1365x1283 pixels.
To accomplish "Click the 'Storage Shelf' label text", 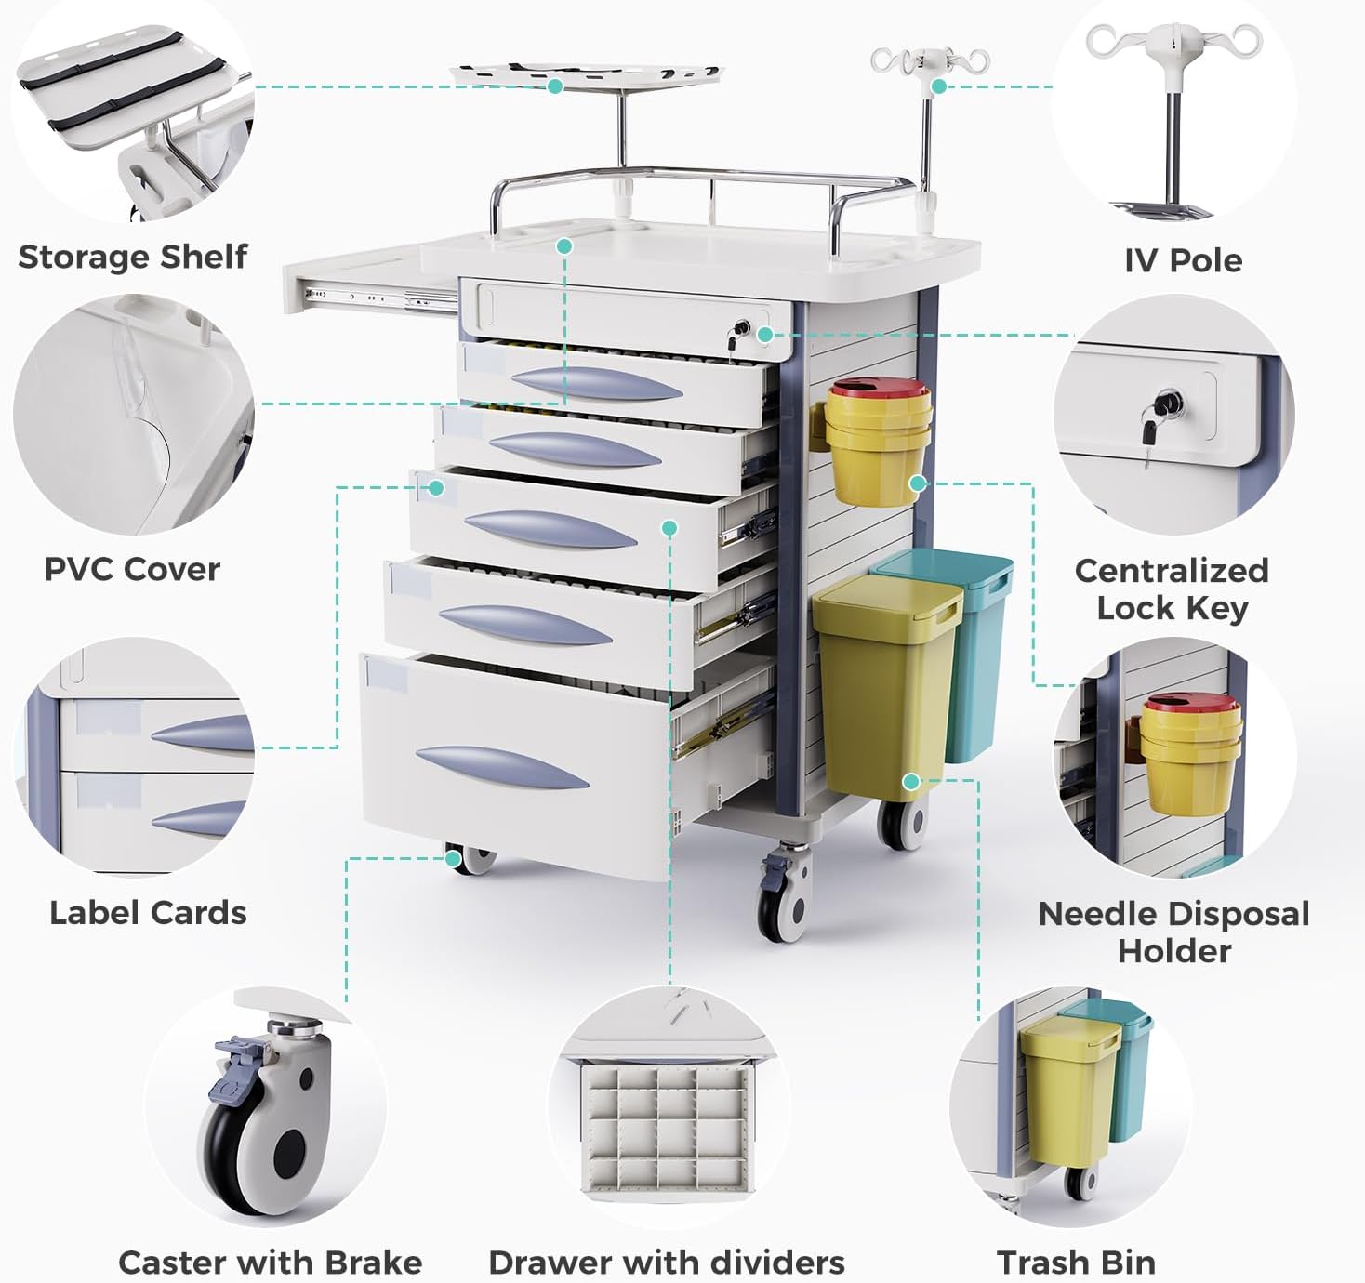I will pyautogui.click(x=133, y=257).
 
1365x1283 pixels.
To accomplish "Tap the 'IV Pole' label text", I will pyautogui.click(x=1183, y=260).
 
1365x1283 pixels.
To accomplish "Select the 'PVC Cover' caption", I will pyautogui.click(x=132, y=569).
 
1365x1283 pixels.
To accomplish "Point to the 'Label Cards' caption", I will pyautogui.click(x=148, y=913).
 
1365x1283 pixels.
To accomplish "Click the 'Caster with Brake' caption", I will pyautogui.click(x=270, y=1262).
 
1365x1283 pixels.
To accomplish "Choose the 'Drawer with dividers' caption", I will pyautogui.click(x=667, y=1262).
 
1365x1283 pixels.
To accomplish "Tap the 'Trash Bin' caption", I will pyautogui.click(x=1076, y=1262).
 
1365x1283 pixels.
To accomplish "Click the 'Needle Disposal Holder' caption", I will pyautogui.click(x=1173, y=932).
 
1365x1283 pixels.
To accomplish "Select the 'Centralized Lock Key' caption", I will pyautogui.click(x=1172, y=589).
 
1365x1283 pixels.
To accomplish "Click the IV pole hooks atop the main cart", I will pyautogui.click(x=929, y=61).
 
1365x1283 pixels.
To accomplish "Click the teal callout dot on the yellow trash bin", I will pyautogui.click(x=911, y=782).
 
